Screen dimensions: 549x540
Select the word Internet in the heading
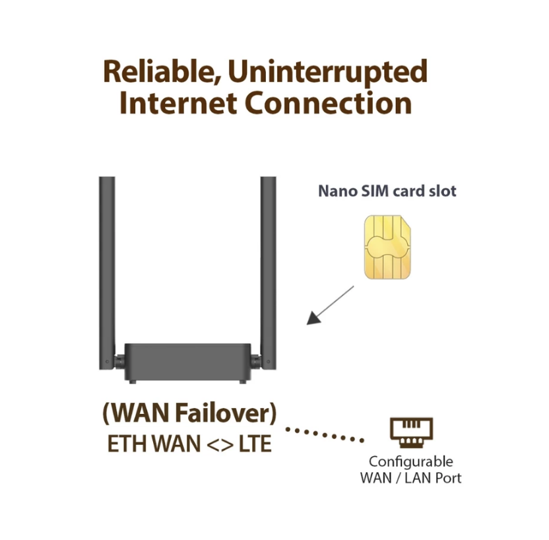pos(178,102)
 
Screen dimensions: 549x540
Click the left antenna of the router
pos(107,273)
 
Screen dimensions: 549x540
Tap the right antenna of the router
pos(268,273)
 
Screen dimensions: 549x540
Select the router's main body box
pos(187,362)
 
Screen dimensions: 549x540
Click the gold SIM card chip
pos(387,248)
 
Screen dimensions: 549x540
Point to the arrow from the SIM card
pos(330,305)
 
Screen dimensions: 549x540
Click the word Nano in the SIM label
pos(338,191)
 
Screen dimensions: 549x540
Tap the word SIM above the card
pos(375,191)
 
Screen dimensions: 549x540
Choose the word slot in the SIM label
pos(443,191)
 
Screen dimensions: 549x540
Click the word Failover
pos(222,413)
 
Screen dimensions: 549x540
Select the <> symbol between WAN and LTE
pos(220,444)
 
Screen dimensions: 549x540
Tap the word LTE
pos(255,444)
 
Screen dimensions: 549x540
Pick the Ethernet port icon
pos(411,432)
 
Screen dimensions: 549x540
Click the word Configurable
pos(411,462)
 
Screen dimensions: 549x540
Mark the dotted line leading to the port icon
pos(325,434)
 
